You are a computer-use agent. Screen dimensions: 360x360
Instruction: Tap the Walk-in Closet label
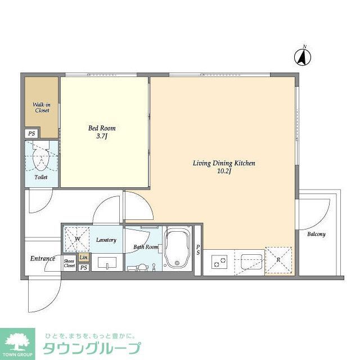[41, 107]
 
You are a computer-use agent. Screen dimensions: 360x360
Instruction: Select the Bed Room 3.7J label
[102, 132]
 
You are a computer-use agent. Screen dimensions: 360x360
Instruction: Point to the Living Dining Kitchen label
[224, 166]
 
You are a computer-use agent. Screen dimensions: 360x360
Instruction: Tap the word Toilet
[40, 177]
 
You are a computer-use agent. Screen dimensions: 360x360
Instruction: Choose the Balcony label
[316, 234]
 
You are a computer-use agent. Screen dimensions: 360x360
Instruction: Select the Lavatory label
[106, 240]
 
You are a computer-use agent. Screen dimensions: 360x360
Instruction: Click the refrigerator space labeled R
[279, 260]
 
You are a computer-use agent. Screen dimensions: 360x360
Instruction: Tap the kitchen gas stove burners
[219, 261]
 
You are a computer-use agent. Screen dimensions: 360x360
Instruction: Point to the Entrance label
[42, 258]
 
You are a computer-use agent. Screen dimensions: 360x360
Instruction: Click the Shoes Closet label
[69, 263]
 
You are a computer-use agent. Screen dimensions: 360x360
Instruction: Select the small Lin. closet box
[83, 257]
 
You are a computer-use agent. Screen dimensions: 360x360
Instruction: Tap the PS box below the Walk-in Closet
[31, 134]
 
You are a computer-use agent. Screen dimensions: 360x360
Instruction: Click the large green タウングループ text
[92, 348]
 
